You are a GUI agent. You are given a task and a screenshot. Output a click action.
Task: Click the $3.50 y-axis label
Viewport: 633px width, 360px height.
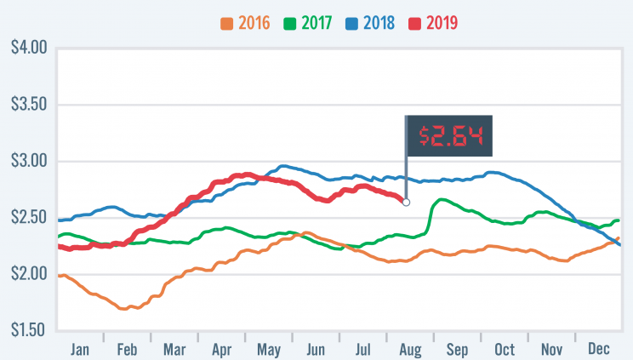coord(25,106)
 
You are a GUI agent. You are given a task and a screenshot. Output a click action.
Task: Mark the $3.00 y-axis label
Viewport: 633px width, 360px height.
coord(25,162)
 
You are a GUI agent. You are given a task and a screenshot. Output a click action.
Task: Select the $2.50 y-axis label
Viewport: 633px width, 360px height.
coord(25,218)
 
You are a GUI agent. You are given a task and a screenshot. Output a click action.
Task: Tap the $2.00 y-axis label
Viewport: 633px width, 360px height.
coord(25,274)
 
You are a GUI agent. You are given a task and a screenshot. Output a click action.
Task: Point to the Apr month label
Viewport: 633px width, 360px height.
coord(221,350)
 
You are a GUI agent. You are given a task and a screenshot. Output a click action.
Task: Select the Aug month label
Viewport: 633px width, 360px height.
coord(409,350)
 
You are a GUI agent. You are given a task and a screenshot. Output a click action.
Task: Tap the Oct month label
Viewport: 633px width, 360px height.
coord(504,350)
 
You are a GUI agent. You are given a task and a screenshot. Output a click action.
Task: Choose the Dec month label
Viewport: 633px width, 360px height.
coord(598,350)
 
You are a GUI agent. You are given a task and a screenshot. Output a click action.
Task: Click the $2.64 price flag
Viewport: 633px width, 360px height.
coord(450,136)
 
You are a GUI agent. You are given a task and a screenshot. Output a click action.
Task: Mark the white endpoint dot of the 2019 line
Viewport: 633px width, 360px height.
coord(406,203)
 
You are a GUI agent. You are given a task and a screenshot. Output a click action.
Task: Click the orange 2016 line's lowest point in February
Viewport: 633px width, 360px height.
coord(125,308)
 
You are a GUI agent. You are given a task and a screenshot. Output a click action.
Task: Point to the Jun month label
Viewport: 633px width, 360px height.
coord(315,350)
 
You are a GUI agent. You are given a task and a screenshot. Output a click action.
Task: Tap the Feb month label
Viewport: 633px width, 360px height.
coord(127,350)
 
